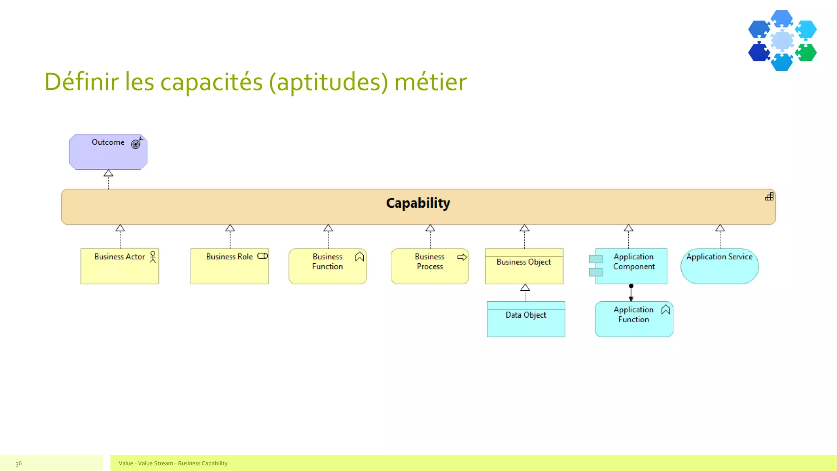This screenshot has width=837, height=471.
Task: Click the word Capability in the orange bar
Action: tap(418, 203)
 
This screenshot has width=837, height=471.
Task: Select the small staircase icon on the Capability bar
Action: tap(769, 197)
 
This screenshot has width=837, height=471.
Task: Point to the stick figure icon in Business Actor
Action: tap(153, 257)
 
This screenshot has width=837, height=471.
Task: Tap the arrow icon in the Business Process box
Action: tap(462, 257)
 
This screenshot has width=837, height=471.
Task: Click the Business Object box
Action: tap(524, 268)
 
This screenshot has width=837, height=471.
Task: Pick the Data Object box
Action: tap(526, 321)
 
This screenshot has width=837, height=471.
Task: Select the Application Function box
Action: tap(633, 321)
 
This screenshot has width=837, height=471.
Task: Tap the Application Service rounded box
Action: tap(719, 268)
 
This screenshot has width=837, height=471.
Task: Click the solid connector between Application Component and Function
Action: tap(631, 293)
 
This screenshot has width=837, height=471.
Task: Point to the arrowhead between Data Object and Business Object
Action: tap(525, 287)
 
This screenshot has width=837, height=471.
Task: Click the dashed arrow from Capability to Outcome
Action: tap(108, 180)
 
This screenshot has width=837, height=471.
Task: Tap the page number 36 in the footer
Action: tap(19, 463)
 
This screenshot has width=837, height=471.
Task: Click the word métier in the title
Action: tap(430, 82)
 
